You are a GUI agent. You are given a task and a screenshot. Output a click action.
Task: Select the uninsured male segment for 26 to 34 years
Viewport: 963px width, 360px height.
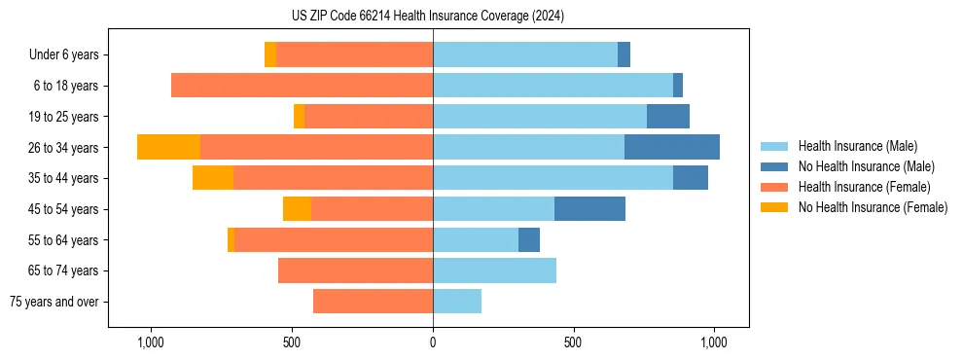pos(672,147)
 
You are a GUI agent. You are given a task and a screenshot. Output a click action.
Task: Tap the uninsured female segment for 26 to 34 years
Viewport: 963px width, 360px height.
pos(168,147)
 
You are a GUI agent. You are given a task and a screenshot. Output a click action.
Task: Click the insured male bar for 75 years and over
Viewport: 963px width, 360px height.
pos(457,302)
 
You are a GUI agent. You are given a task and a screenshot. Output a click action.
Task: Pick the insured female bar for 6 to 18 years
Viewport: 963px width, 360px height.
pos(302,86)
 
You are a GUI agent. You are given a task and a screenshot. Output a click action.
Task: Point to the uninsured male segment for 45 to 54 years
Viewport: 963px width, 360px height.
pos(589,209)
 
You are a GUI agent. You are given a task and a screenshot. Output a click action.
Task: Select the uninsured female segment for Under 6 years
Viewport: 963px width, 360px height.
pos(269,54)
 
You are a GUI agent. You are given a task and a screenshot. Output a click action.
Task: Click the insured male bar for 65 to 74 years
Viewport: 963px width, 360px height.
pos(494,270)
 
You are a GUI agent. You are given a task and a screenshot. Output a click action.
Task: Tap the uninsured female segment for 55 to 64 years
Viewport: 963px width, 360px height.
pos(231,240)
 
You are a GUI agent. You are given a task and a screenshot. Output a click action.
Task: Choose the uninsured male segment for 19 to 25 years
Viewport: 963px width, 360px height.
pos(668,117)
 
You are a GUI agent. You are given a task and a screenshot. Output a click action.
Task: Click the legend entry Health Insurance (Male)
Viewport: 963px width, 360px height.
pos(857,146)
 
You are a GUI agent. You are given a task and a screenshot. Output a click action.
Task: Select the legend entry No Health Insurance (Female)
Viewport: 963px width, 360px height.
pos(873,207)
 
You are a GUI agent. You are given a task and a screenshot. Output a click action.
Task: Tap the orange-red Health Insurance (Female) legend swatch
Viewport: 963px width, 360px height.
pos(775,187)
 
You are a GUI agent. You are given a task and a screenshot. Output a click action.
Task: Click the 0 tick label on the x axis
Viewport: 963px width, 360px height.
pos(433,342)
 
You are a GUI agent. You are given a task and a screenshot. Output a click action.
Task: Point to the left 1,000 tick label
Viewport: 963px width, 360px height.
pos(151,342)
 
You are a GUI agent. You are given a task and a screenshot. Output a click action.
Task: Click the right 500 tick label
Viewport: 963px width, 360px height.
pos(573,342)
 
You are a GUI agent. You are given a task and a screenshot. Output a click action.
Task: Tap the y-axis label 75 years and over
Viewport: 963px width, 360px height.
pos(54,302)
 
